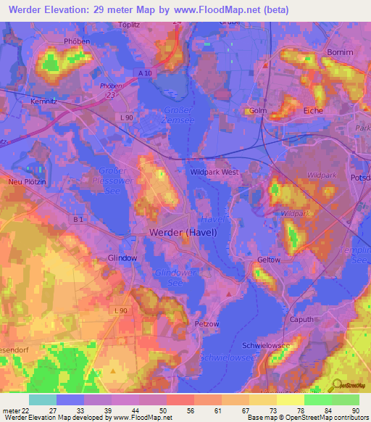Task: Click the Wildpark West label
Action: tap(214, 173)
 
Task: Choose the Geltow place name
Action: tap(268, 260)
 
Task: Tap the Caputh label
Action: tap(302, 319)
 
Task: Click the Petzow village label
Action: tap(207, 323)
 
